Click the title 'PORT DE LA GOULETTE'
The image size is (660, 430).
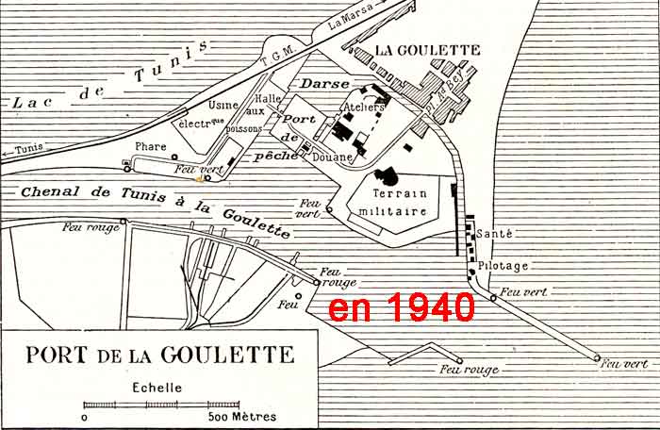pyautogui.click(x=159, y=356)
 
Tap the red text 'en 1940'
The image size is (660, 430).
pyautogui.click(x=401, y=307)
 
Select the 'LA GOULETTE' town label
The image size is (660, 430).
pyautogui.click(x=428, y=50)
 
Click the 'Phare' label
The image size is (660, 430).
pyautogui.click(x=151, y=146)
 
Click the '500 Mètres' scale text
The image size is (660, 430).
pyautogui.click(x=236, y=416)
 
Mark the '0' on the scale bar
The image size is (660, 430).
pyautogui.click(x=85, y=416)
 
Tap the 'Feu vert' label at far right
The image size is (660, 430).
pyautogui.click(x=624, y=363)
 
